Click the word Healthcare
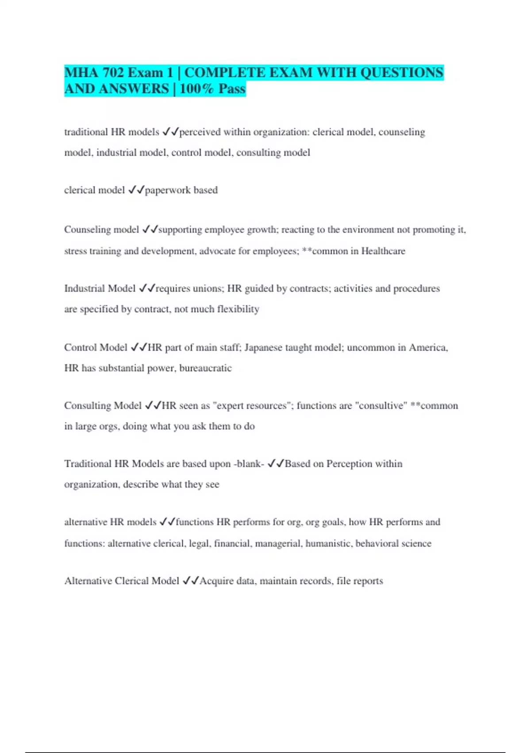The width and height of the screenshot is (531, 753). (x=383, y=251)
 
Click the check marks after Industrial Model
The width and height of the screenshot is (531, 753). (x=147, y=288)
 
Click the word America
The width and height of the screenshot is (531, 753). (x=428, y=347)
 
